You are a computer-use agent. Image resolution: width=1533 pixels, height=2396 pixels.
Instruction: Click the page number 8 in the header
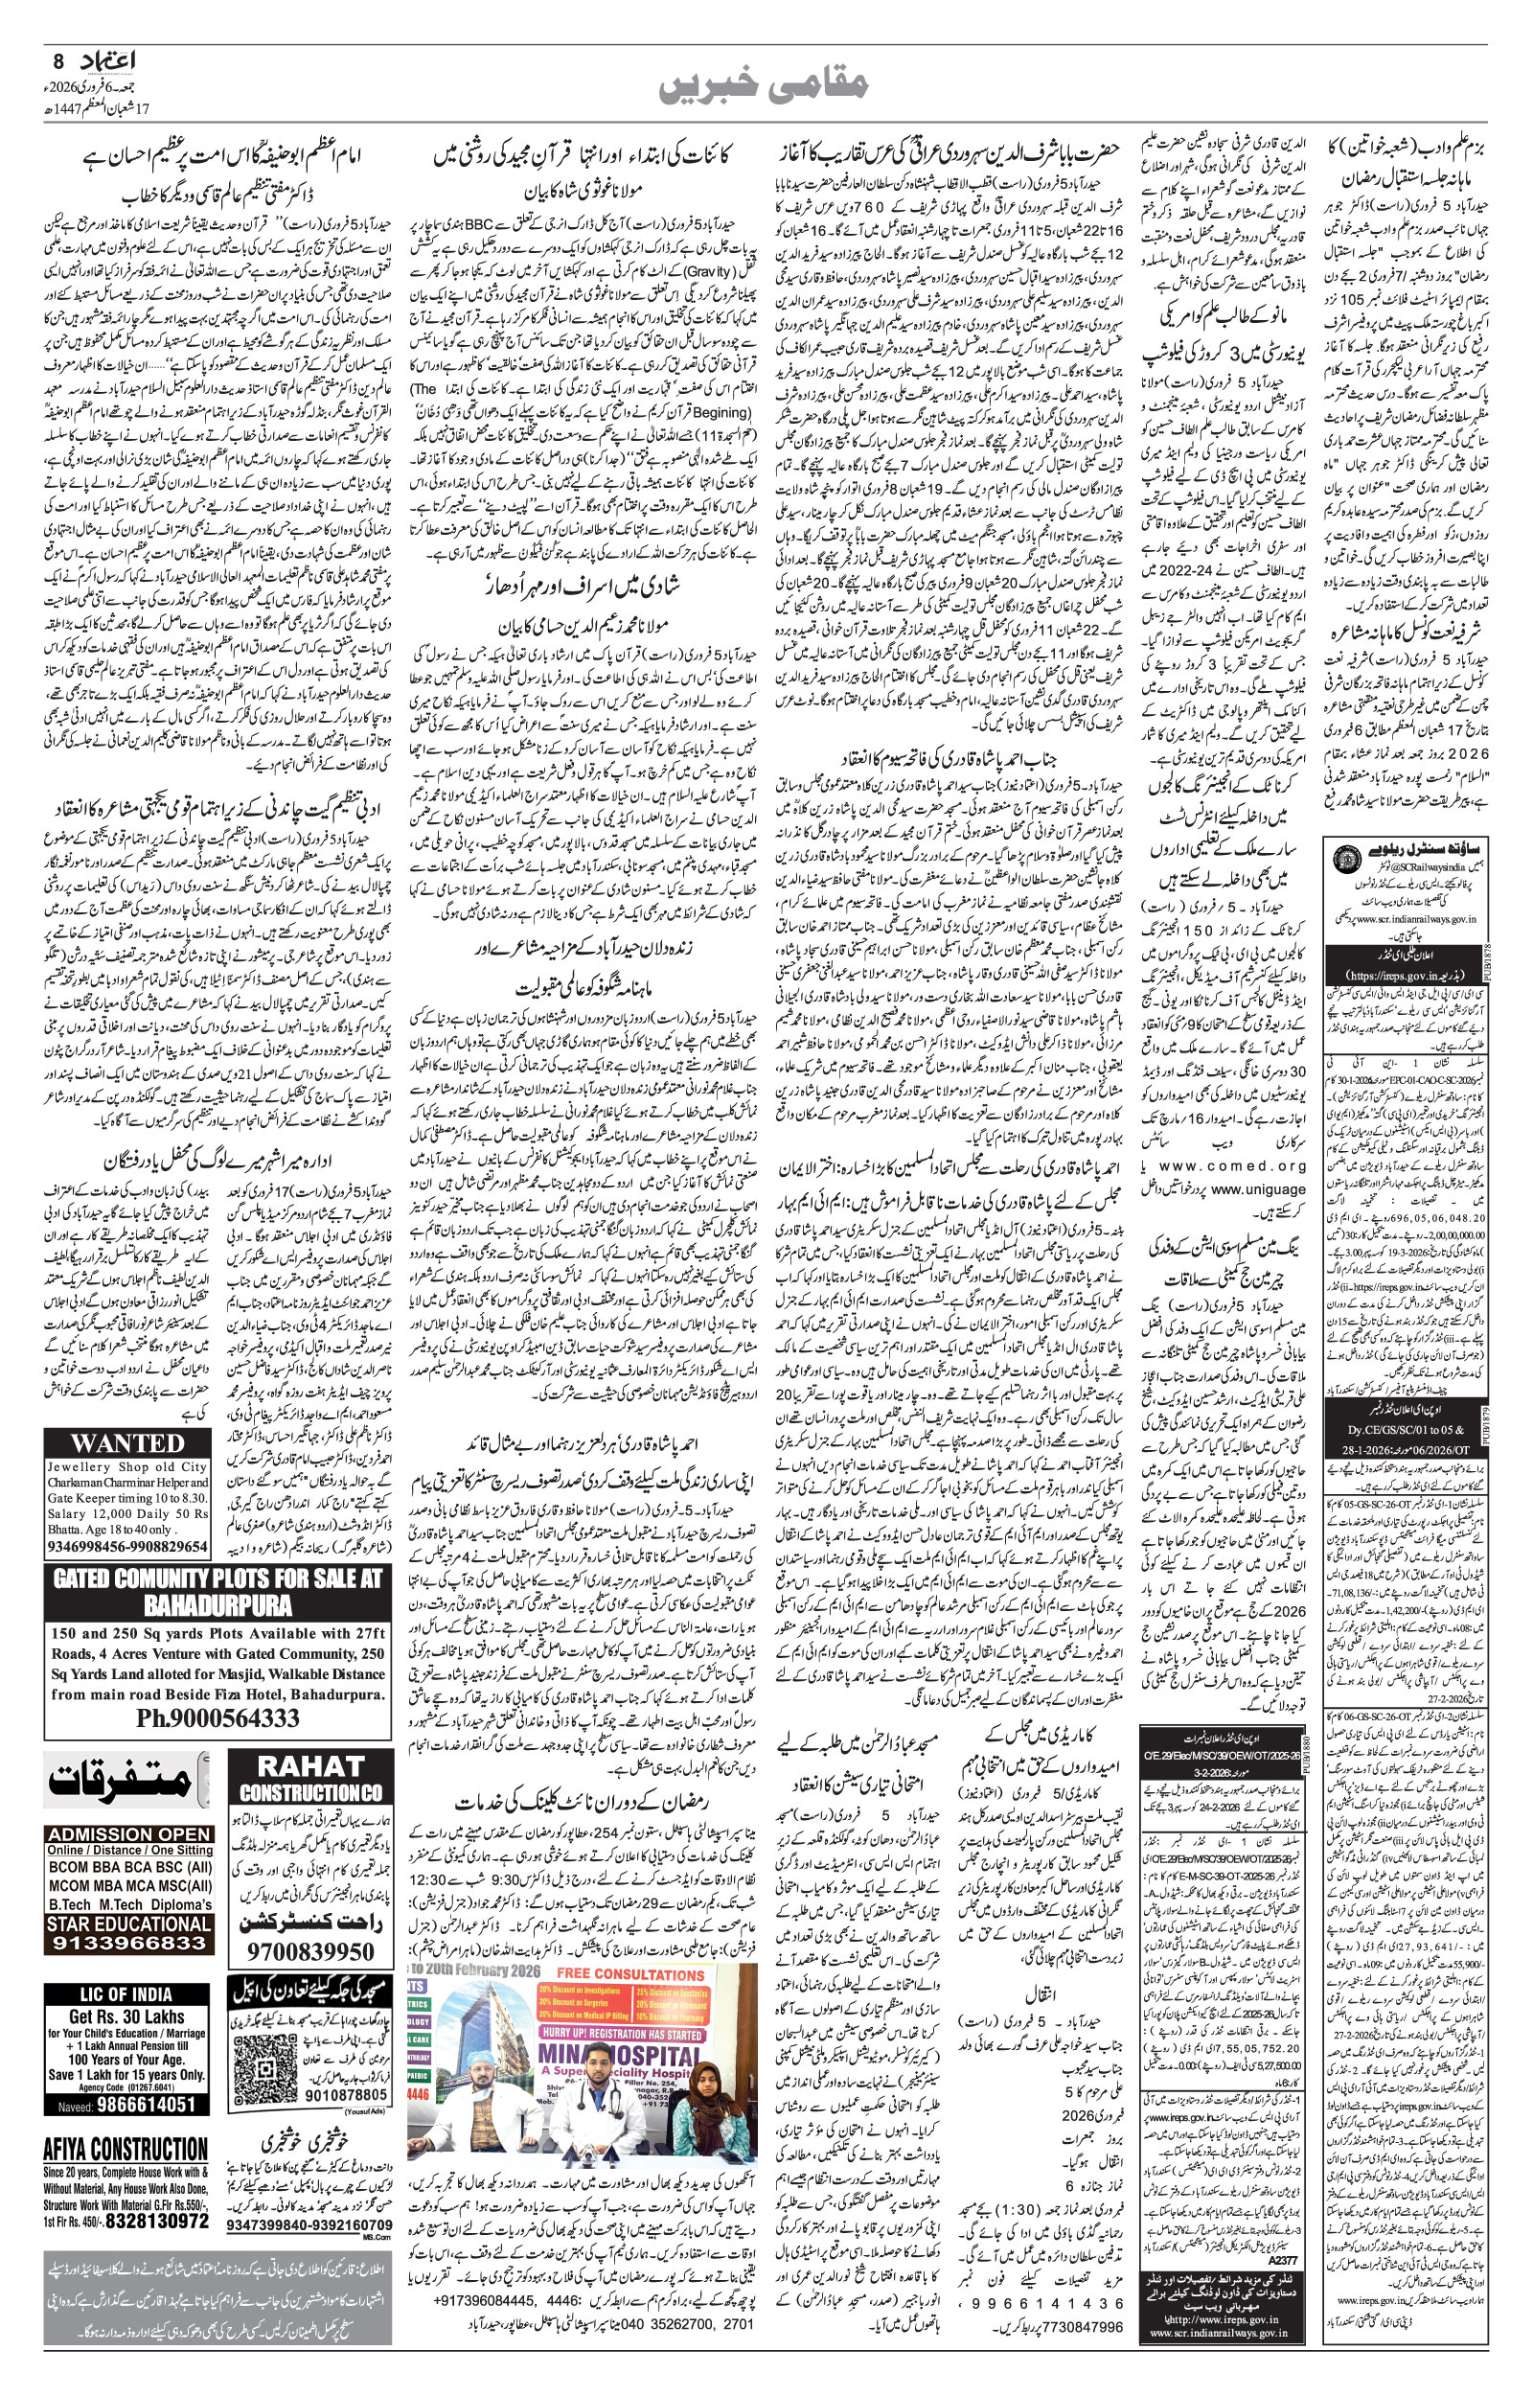(x=57, y=61)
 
